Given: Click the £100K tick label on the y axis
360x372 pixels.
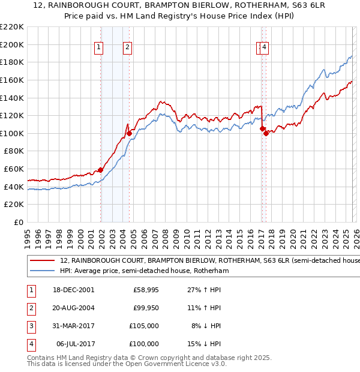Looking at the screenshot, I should (12, 133).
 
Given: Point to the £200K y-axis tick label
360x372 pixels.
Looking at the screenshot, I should (12, 44).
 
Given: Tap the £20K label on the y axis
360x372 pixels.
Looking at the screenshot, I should (14, 205).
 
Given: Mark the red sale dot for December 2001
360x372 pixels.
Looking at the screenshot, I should (101, 170).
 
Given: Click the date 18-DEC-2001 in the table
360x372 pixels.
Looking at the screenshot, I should (73, 290).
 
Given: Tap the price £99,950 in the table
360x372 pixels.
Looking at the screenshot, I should (146, 308).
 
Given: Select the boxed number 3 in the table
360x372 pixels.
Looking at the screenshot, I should (30, 326).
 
